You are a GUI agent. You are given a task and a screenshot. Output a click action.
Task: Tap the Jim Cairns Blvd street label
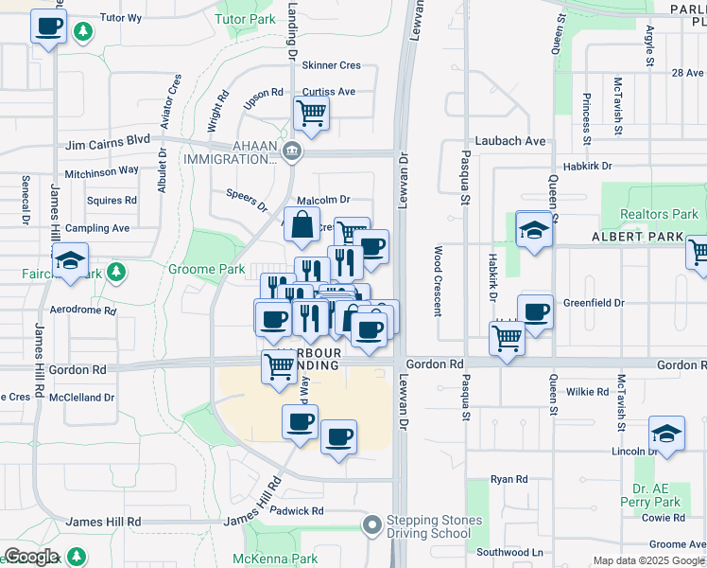click(x=108, y=140)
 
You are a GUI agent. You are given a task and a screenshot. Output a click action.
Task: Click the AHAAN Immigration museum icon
click(x=292, y=150)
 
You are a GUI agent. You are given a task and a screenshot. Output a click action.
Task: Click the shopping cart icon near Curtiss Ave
click(x=311, y=114)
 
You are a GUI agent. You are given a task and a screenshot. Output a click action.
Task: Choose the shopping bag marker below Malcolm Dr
click(x=302, y=225)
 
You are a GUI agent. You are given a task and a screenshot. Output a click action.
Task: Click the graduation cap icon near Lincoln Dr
click(x=666, y=433)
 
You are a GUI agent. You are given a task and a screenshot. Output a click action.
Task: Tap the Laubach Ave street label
click(x=516, y=141)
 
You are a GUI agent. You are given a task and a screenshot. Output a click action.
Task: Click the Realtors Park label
click(x=659, y=214)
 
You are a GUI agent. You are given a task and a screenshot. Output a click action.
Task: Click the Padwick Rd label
click(x=298, y=510)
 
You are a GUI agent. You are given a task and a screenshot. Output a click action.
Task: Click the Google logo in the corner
click(x=30, y=557)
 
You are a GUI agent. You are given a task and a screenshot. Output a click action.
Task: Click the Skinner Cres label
click(x=331, y=65)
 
